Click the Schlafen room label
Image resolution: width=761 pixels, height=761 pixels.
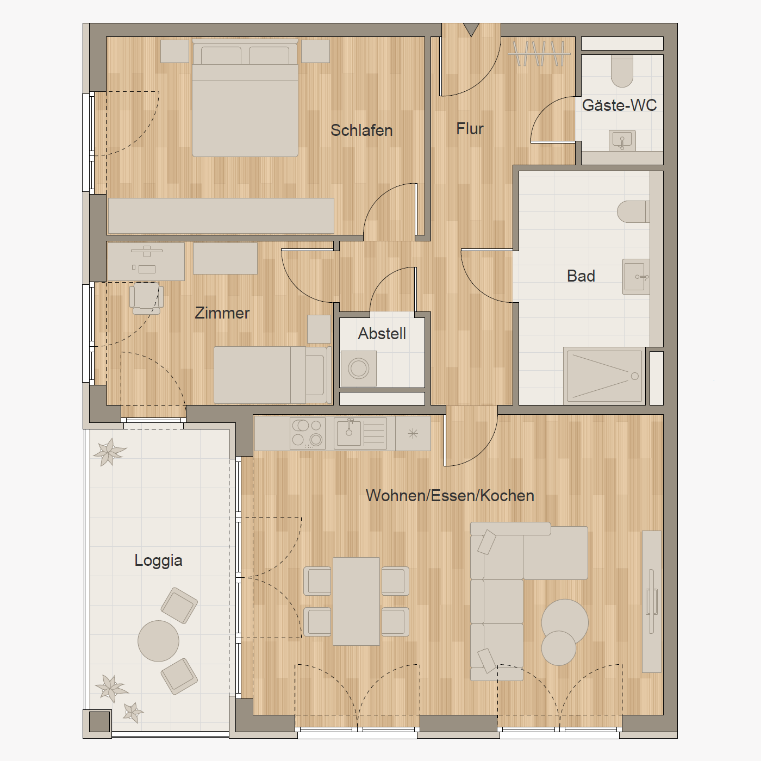(x=361, y=130)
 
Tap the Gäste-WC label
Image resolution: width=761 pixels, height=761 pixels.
(x=619, y=105)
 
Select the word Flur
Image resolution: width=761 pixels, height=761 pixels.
(x=470, y=129)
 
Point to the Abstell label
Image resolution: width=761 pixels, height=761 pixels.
(x=382, y=334)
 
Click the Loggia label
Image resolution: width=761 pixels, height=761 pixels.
(x=158, y=561)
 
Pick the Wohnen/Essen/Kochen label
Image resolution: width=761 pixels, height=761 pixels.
(x=450, y=496)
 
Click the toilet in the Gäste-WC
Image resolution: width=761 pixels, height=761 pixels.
(x=622, y=70)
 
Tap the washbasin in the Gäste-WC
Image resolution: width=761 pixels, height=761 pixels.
(x=622, y=140)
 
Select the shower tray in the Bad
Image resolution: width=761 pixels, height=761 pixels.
(x=604, y=376)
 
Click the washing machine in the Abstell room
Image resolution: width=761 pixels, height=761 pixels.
(x=358, y=369)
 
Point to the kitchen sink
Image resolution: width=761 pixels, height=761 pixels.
(x=360, y=433)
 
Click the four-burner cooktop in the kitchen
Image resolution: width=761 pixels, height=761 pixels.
(x=308, y=433)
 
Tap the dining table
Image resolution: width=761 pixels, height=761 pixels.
(x=356, y=601)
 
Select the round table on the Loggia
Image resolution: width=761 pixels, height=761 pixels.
(x=158, y=641)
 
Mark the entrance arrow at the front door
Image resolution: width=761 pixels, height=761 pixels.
(x=471, y=29)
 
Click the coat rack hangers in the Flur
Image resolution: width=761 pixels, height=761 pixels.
(x=539, y=53)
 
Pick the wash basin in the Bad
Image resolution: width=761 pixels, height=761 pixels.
(x=636, y=277)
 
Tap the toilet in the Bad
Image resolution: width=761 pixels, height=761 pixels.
(x=633, y=211)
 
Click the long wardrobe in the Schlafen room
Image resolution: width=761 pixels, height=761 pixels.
(x=221, y=216)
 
